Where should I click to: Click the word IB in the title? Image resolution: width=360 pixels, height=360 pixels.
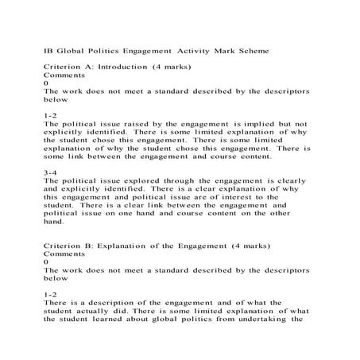[48, 50]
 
